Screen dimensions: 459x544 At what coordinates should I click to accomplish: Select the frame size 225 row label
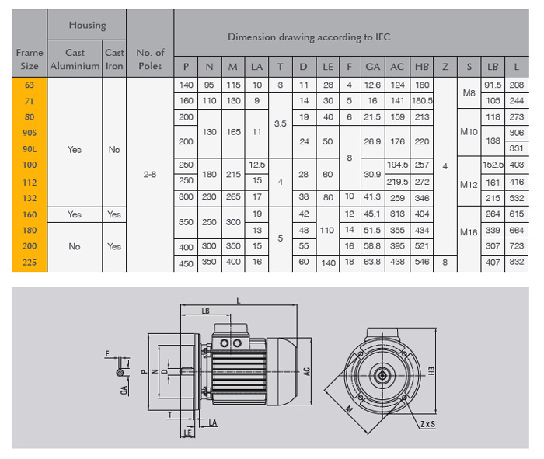pos(29,263)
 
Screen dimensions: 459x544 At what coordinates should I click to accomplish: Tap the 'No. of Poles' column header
pos(150,59)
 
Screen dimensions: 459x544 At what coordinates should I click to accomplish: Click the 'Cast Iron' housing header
pos(114,59)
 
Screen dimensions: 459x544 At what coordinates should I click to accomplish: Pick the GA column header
pos(372,67)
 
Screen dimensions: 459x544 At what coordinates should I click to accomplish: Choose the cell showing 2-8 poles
pos(150,175)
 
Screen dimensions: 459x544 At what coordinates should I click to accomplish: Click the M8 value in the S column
pos(469,92)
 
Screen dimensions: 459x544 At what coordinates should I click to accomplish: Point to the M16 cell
pos(469,231)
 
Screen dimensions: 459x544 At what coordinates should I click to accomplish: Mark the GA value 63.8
pos(372,263)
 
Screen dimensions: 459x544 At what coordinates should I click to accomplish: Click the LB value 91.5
pos(493,84)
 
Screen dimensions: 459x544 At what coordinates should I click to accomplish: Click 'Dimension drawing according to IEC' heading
pos(309,37)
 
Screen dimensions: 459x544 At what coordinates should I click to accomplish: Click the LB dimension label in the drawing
pos(205,311)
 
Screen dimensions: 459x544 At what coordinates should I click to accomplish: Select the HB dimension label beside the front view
pos(432,372)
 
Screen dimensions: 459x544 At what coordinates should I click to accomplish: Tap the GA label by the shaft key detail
pos(124,390)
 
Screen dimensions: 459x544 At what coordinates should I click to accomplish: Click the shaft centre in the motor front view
pos(382,374)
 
